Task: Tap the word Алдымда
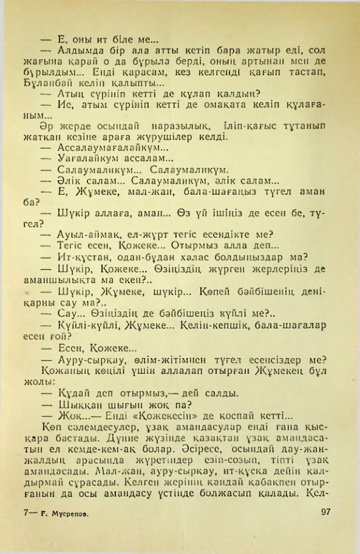(x=78, y=50)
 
